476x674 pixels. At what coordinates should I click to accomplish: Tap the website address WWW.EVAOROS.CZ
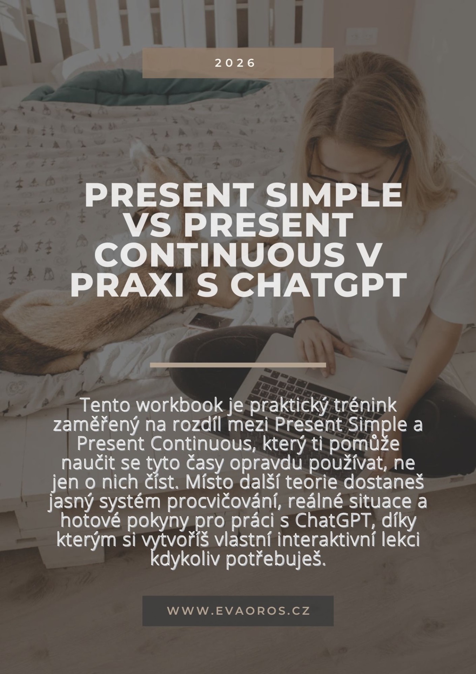point(238,610)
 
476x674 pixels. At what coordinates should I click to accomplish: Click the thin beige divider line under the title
point(238,365)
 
